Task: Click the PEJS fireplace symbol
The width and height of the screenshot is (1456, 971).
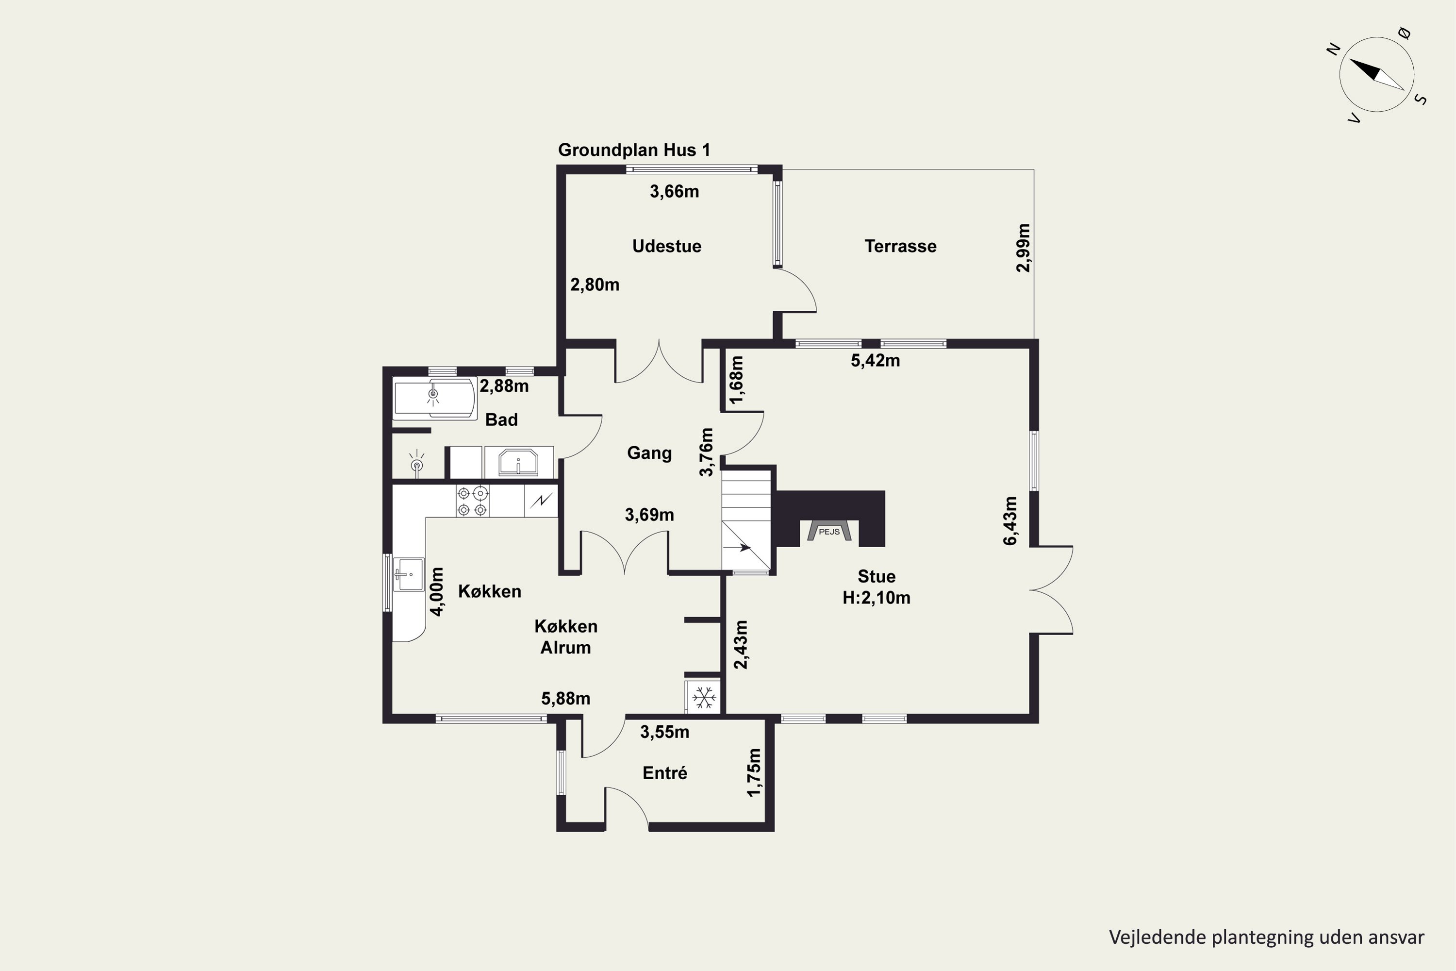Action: point(829,531)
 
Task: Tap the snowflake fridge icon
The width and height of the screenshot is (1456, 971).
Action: point(704,698)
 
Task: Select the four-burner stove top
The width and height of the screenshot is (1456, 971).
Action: point(472,501)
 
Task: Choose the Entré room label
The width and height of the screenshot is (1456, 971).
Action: point(665,773)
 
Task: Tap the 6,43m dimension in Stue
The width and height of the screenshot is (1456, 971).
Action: point(1009,521)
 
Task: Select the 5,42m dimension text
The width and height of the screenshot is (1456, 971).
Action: point(876,360)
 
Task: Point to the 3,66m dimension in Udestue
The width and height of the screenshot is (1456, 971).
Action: point(674,191)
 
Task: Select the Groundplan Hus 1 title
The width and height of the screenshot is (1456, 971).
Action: point(634,150)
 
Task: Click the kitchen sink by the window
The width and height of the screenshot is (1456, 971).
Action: point(409,574)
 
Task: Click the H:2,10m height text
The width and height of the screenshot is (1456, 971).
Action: point(876,598)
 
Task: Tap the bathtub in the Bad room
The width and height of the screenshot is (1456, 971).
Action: point(434,398)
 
